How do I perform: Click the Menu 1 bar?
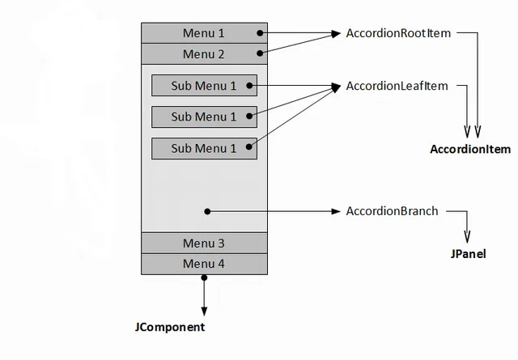[204, 33]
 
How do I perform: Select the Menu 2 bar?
[204, 54]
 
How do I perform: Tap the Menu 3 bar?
[204, 243]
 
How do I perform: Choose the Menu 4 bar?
[204, 264]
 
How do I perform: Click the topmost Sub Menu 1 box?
[204, 85]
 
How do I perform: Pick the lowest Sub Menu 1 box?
[204, 148]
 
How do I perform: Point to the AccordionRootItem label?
[397, 33]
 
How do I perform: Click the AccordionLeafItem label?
[396, 85]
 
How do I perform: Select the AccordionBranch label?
[392, 211]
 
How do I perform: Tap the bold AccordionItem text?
[470, 149]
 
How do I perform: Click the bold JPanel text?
[468, 253]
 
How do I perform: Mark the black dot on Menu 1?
[260, 33]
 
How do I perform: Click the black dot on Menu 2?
[260, 53]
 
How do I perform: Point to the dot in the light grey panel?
[208, 211]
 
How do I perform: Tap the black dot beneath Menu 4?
[204, 278]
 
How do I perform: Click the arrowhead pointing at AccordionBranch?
[337, 211]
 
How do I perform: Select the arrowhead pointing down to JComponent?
[204, 311]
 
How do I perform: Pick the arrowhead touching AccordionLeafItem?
[336, 86]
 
